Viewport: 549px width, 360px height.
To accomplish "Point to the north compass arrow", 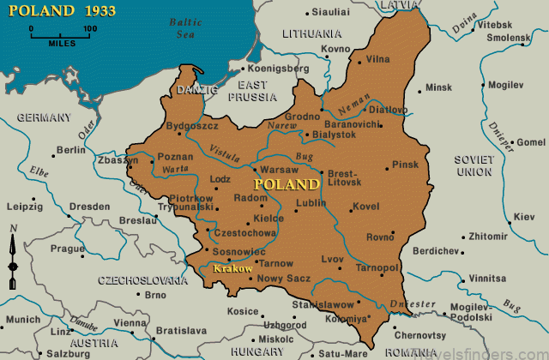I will click(12, 254).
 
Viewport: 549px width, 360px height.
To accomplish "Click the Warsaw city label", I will click(279, 171).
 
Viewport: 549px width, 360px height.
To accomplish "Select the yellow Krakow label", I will click(232, 269).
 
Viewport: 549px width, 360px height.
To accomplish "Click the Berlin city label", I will click(70, 150).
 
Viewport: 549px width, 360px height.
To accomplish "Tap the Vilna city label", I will click(378, 59).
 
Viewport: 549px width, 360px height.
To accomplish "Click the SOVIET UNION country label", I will click(474, 165).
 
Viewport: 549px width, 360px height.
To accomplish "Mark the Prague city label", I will click(65, 249).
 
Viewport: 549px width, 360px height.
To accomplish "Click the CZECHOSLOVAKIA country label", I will click(142, 280).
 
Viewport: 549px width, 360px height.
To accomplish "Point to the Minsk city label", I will click(438, 87).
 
